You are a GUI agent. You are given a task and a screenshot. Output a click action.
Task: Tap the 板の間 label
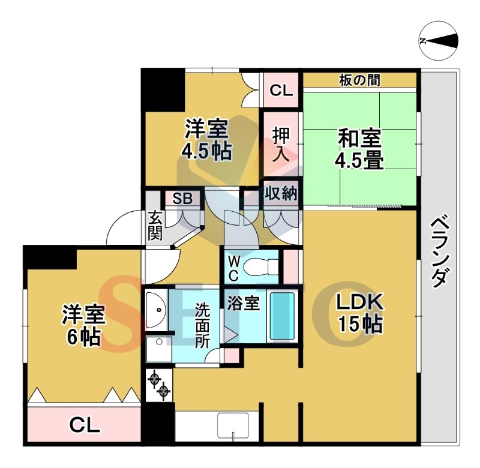(359, 80)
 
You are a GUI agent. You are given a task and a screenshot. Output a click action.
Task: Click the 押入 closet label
(281, 143)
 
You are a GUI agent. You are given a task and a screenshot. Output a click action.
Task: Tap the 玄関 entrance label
(155, 225)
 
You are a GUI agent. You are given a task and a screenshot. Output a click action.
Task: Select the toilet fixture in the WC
(265, 265)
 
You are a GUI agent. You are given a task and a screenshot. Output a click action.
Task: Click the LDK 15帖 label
(359, 313)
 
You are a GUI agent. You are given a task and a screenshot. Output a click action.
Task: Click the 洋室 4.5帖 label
(206, 139)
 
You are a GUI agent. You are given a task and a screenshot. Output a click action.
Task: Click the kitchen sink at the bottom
(233, 426)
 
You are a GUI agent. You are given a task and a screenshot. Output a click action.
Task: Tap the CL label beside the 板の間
(280, 91)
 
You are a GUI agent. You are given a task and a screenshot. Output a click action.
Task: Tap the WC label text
(233, 268)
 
